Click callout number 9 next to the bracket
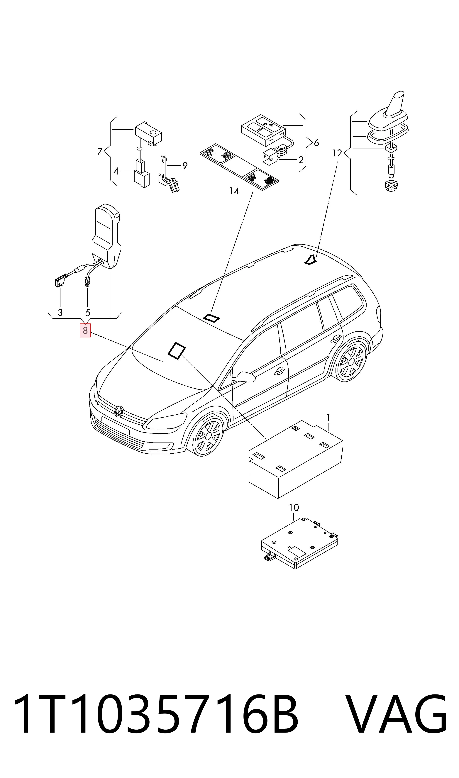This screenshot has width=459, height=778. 185,166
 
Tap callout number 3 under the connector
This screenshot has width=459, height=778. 60,312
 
